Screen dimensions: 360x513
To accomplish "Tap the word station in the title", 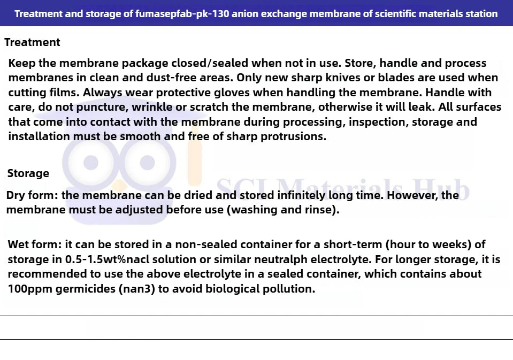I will [x=479, y=13].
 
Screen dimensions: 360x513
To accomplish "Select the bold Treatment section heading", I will [x=32, y=42].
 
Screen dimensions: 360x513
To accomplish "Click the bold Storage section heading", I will [x=28, y=173].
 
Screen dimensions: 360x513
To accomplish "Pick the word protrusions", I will [x=293, y=136].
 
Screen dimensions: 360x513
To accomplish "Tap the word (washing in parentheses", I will [x=252, y=210].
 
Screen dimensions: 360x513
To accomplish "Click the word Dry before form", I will [x=17, y=195].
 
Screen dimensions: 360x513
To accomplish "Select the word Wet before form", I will [x=19, y=245].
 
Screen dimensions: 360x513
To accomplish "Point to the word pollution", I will [x=292, y=289].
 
